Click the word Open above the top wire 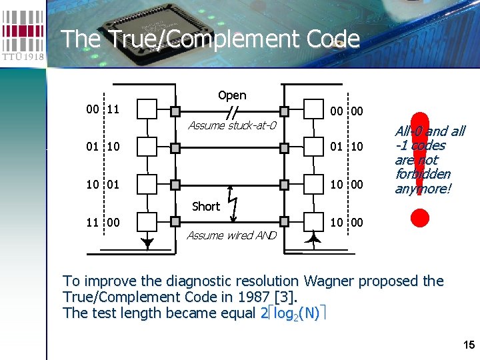point(232,95)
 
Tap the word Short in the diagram point(205,207)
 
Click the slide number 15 point(469,345)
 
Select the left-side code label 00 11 point(103,108)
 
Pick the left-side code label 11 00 point(103,219)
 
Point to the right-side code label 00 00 point(347,111)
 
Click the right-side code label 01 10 point(347,145)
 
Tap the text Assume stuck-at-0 point(232,125)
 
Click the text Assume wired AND point(231,235)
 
